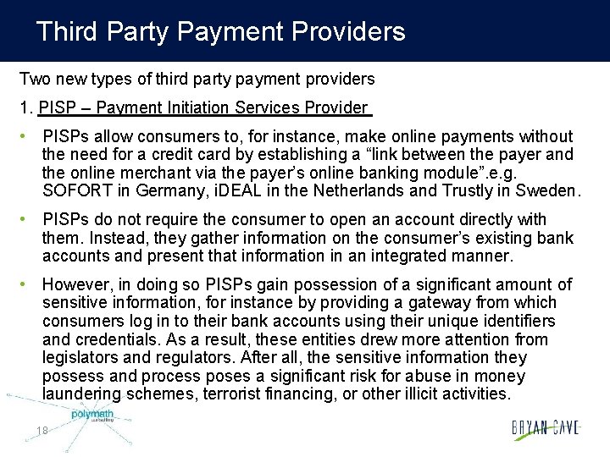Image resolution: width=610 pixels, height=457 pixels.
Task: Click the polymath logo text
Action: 91,415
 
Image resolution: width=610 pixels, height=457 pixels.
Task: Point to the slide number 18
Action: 42,431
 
